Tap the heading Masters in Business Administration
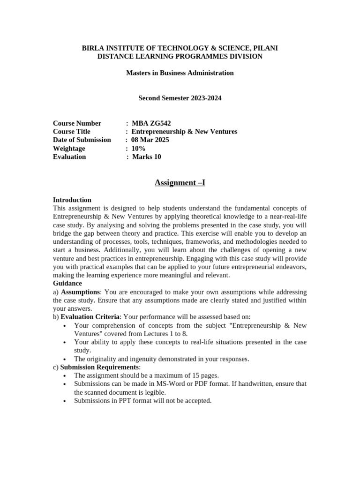point(180,73)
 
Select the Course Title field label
point(72,132)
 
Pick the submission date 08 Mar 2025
point(150,140)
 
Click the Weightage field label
point(69,148)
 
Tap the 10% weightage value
point(139,148)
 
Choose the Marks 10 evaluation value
point(147,157)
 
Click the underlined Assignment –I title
point(180,182)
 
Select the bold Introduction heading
point(72,200)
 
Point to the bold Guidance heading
point(67,283)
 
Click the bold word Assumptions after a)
point(80,292)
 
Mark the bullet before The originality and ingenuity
point(64,359)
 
